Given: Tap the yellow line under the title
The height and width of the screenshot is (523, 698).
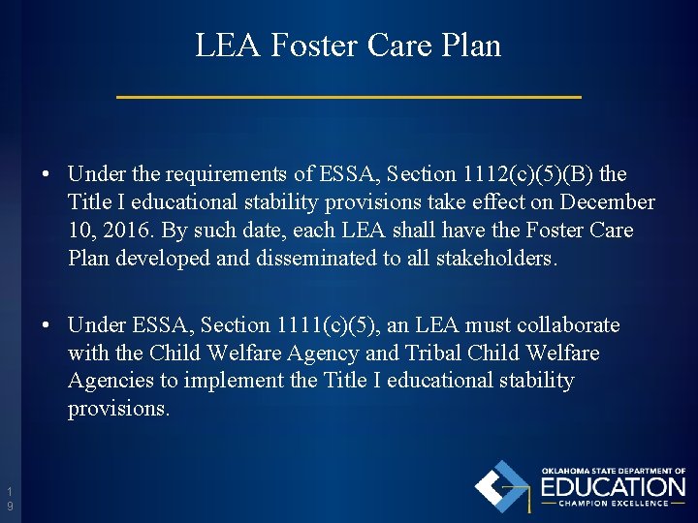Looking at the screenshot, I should point(349,97).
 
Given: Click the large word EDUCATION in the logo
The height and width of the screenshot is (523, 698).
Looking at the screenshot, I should point(612,486).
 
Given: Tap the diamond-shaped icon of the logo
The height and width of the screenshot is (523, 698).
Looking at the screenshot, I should point(502,486).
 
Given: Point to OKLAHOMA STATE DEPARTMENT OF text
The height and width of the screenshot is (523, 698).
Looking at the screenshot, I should point(613,471).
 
